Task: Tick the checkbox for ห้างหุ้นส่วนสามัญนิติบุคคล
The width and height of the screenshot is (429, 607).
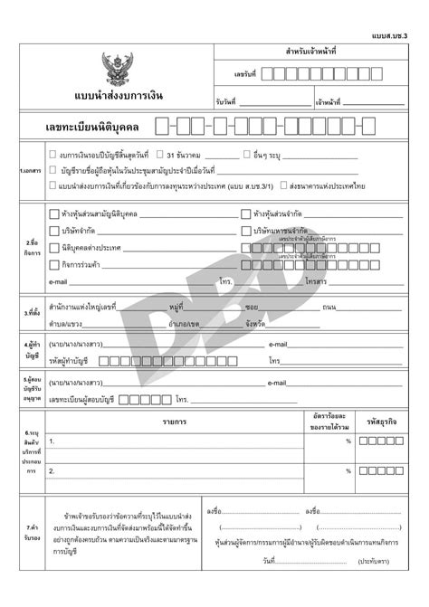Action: tap(53, 214)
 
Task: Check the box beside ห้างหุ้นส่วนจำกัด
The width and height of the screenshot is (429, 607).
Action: tap(246, 214)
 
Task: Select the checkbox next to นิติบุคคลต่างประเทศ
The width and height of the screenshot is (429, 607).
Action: tap(53, 247)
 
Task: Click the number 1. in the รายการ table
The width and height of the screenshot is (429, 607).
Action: tap(52, 441)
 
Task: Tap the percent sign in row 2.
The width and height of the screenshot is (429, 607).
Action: tap(348, 470)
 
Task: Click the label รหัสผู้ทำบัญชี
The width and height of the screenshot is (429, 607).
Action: tap(72, 360)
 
